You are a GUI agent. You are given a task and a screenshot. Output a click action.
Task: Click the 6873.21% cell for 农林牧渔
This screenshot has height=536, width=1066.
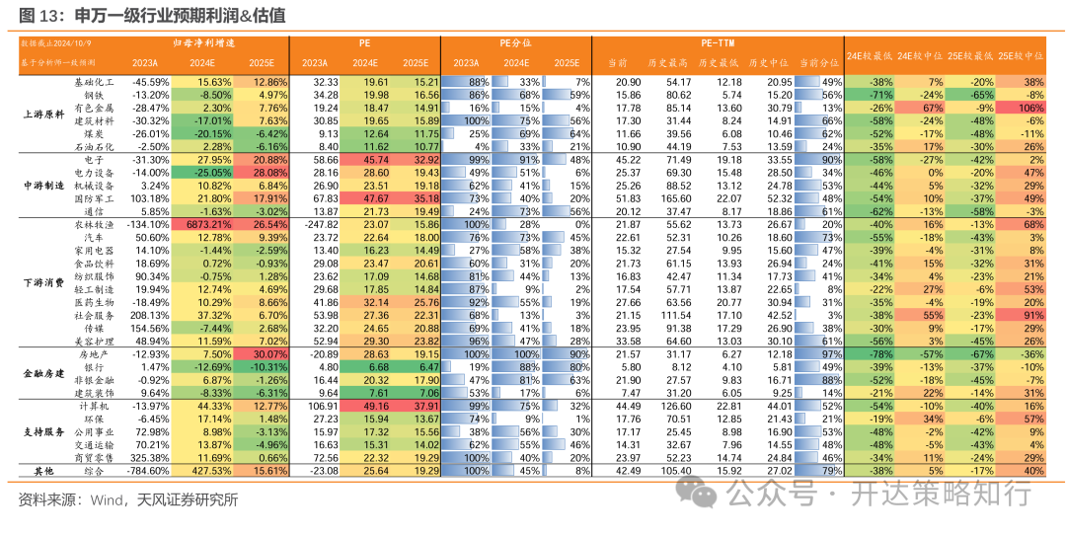click(209, 224)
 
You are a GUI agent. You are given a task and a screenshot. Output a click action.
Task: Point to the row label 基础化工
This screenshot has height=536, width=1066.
click(95, 82)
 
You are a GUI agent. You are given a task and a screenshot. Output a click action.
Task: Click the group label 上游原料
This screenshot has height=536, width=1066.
click(41, 114)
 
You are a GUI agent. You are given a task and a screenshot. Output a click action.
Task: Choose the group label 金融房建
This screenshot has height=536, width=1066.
click(41, 374)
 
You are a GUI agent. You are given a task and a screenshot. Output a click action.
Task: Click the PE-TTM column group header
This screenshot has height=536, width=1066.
click(718, 43)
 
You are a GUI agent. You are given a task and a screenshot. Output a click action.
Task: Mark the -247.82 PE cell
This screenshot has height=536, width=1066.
click(320, 224)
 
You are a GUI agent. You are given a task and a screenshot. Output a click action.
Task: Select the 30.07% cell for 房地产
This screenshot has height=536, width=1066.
click(266, 352)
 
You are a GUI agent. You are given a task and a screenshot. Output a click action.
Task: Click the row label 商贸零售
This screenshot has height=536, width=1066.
click(95, 458)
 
